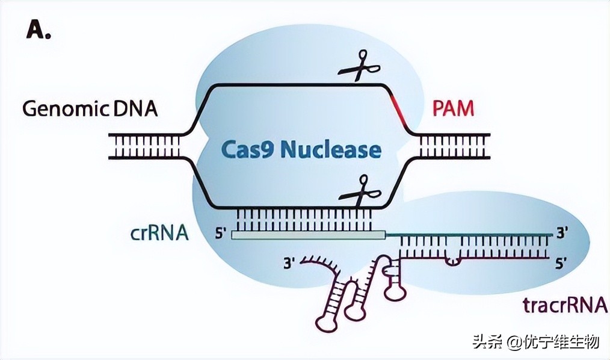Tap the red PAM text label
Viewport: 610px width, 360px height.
tap(453, 109)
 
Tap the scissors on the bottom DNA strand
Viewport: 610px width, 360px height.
tap(359, 191)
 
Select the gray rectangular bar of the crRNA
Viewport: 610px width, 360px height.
tap(307, 235)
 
